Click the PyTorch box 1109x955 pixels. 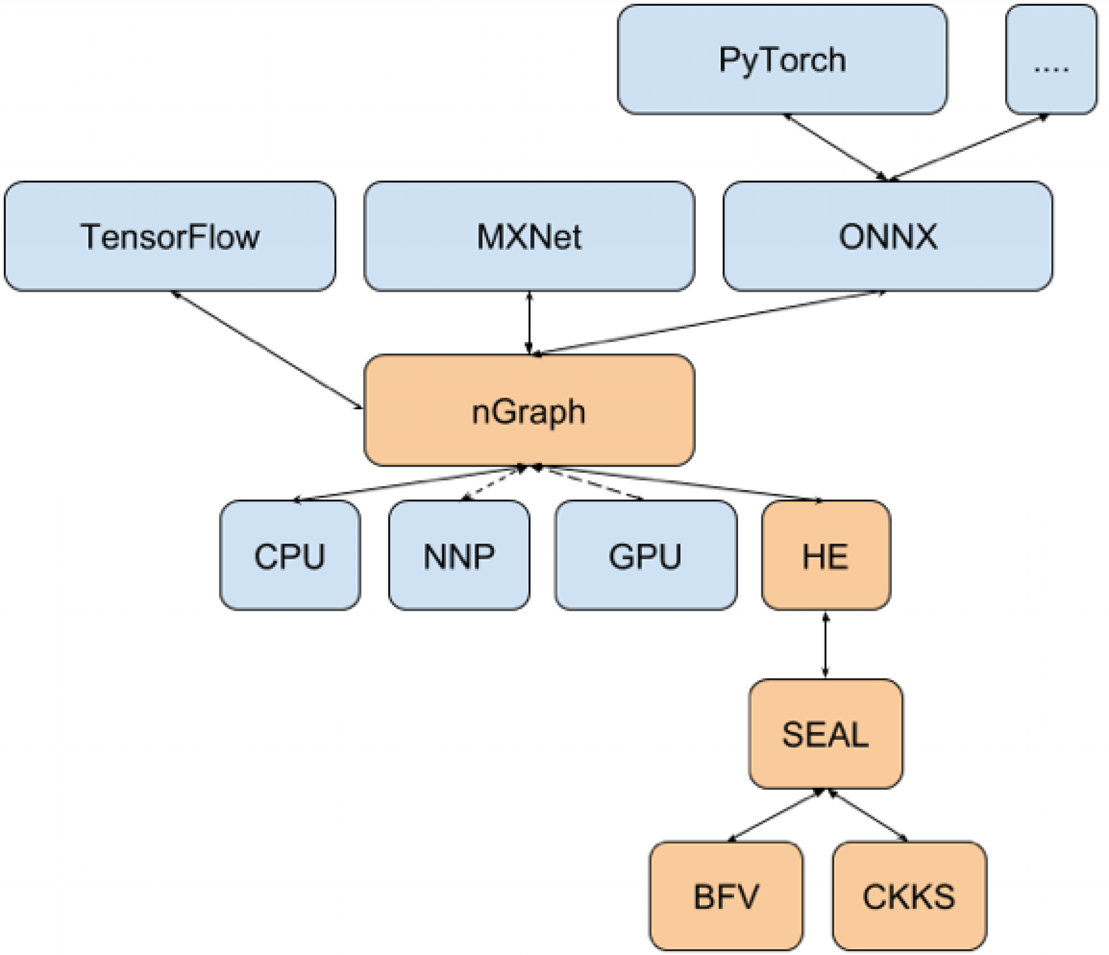pos(782,60)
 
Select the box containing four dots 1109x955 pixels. pos(1051,60)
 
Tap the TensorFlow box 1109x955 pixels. pos(169,236)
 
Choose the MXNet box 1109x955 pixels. pos(529,236)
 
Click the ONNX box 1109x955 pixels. pos(888,236)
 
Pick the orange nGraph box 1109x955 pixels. pos(529,410)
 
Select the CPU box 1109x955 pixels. pos(290,555)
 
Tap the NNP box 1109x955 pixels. pos(459,555)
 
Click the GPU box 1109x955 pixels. pos(645,555)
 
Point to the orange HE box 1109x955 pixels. pos(825,555)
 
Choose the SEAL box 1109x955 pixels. pos(825,734)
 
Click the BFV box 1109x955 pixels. pos(726,896)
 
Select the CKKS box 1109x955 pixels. pos(909,896)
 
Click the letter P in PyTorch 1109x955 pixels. pos(729,60)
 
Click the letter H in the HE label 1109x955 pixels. pos(813,556)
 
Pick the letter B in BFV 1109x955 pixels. pos(704,897)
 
